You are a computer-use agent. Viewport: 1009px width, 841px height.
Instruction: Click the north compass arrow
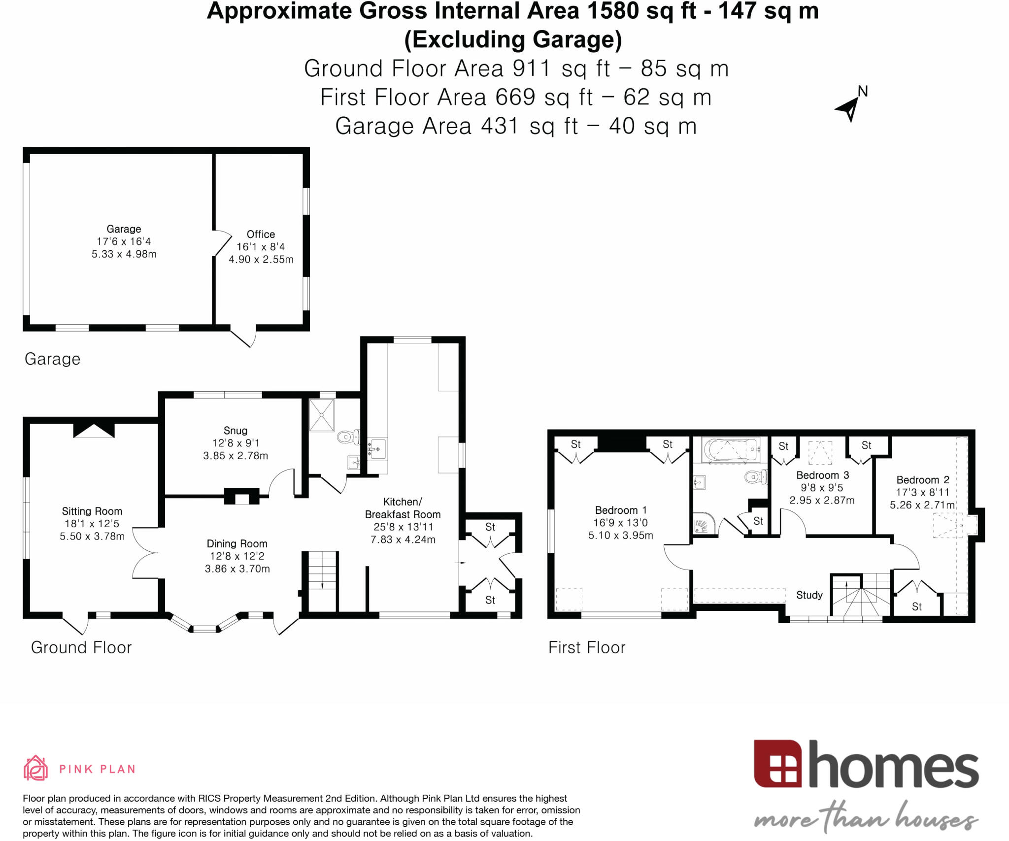pyautogui.click(x=851, y=107)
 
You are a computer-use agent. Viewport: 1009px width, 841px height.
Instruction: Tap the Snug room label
pyautogui.click(x=235, y=431)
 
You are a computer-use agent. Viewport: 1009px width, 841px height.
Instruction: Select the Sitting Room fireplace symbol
pyautogui.click(x=94, y=430)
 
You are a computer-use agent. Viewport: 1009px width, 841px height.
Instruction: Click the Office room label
pyautogui.click(x=261, y=235)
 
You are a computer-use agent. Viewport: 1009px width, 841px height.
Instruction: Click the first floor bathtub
pyautogui.click(x=731, y=449)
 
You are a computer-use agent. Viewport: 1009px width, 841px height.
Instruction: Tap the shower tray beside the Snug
pyautogui.click(x=321, y=415)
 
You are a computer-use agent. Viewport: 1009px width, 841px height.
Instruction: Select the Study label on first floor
pyautogui.click(x=809, y=595)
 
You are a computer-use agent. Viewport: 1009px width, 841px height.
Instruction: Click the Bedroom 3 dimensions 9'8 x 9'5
pyautogui.click(x=822, y=488)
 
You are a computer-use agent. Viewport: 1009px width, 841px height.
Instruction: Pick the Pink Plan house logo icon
pyautogui.click(x=35, y=768)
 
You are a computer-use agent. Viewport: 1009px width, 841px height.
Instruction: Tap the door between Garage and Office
pyautogui.click(x=222, y=243)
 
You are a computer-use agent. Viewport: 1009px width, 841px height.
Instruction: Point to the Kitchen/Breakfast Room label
pyautogui.click(x=403, y=508)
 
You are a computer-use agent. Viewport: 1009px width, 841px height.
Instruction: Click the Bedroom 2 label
pyautogui.click(x=922, y=480)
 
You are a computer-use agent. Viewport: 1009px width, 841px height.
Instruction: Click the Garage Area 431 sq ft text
pyautogui.click(x=515, y=126)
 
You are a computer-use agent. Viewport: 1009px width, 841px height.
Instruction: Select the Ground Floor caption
pyautogui.click(x=81, y=647)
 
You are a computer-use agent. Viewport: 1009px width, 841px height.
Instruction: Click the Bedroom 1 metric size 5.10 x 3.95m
pyautogui.click(x=620, y=536)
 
